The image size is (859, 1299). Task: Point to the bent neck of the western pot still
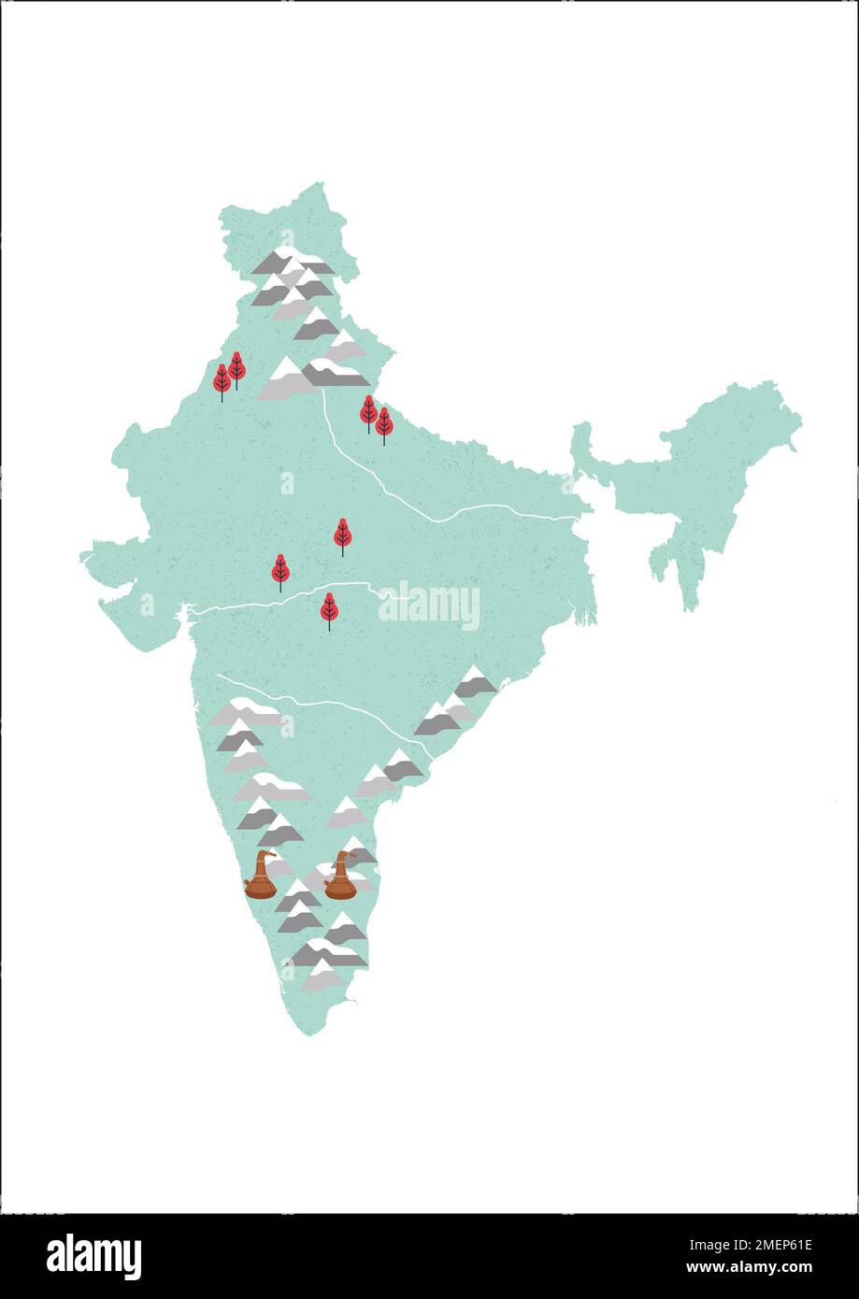(267, 854)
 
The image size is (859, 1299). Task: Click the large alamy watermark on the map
(429, 607)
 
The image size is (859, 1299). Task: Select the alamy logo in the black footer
(93, 1255)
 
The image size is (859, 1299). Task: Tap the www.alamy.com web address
(749, 1268)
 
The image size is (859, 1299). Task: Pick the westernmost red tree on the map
(222, 381)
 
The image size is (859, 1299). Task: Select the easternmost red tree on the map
(383, 424)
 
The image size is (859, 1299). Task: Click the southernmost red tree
(329, 609)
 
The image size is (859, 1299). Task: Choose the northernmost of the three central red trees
(343, 535)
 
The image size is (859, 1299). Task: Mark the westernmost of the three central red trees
(280, 570)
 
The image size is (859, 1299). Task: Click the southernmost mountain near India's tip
(323, 978)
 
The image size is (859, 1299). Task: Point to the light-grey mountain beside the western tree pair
(284, 381)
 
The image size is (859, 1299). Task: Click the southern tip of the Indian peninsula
(314, 1032)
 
